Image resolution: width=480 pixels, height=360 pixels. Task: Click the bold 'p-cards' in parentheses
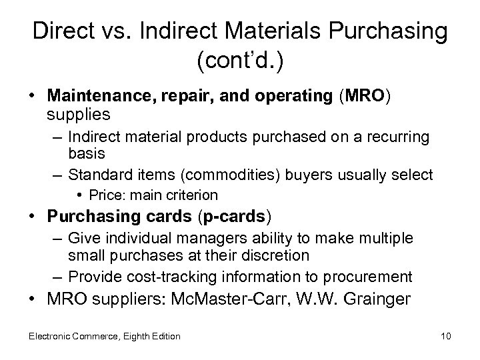point(234,217)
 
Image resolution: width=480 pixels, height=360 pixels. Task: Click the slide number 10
point(445,336)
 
